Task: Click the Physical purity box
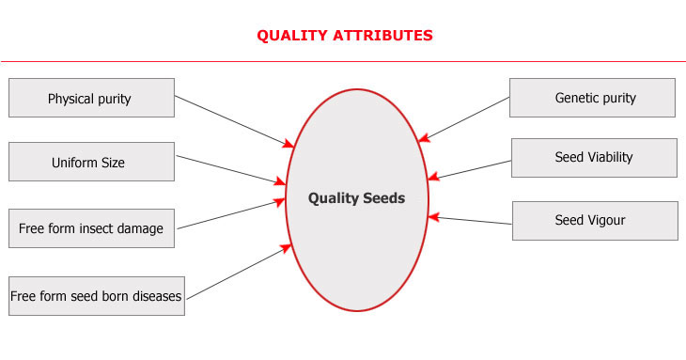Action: [x=91, y=99]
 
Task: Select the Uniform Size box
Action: [x=91, y=162]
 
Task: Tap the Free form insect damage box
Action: [x=91, y=228]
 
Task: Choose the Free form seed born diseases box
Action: [x=96, y=295]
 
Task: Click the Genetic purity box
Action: [x=592, y=98]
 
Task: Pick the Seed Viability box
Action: [x=594, y=158]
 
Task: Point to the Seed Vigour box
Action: [x=594, y=221]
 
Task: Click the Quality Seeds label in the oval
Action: [x=357, y=198]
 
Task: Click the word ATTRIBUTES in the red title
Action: [x=384, y=36]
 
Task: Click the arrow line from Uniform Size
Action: [x=230, y=169]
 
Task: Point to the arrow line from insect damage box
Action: [x=230, y=213]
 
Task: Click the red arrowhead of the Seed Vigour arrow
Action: [x=433, y=217]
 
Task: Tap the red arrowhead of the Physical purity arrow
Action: [x=289, y=145]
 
